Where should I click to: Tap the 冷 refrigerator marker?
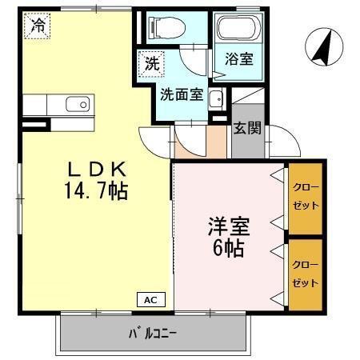38,26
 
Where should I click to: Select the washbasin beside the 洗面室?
215,99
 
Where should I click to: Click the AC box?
150,301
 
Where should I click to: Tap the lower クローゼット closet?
306,274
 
